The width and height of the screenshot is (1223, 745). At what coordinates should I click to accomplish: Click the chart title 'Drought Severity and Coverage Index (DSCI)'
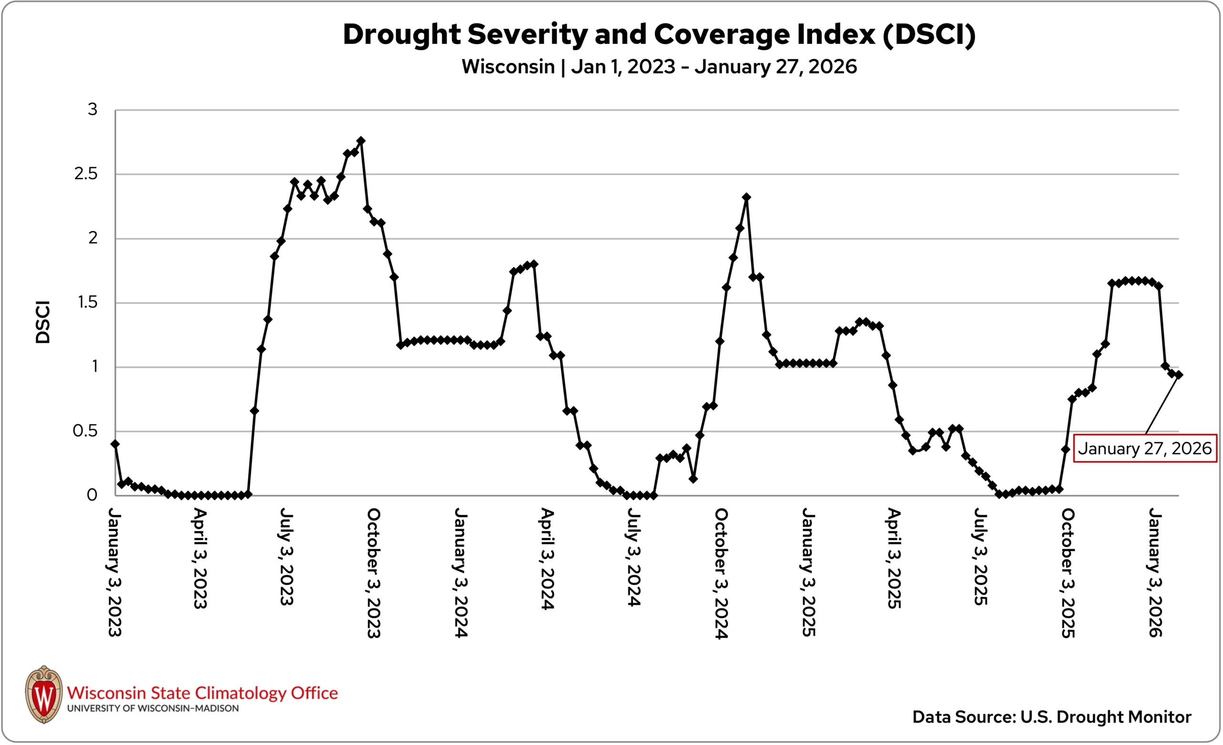point(659,35)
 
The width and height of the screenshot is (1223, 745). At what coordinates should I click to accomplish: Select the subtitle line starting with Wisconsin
point(659,66)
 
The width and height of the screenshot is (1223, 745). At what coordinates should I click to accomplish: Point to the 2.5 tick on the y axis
point(86,174)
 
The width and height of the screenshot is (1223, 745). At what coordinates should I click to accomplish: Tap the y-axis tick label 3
point(92,109)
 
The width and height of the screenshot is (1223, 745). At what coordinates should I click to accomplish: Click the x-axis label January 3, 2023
point(114,572)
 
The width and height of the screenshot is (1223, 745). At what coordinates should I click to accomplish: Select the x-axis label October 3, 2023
point(373,573)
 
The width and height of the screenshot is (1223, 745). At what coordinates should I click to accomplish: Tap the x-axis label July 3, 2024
point(634,556)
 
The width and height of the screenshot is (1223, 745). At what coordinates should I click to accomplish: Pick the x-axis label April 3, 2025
point(894,558)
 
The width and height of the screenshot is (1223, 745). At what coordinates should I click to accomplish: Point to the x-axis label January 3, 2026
point(1155,572)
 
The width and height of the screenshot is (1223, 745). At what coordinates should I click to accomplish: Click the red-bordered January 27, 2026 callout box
point(1145,449)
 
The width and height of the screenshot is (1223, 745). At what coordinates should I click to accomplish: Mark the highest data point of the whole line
point(361,141)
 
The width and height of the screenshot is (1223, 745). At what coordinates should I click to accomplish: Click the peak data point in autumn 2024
point(746,197)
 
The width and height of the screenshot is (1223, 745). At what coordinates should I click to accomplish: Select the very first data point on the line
point(115,444)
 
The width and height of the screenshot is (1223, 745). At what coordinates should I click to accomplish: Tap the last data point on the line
point(1178,375)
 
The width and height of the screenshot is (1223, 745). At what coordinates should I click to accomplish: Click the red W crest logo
point(44,694)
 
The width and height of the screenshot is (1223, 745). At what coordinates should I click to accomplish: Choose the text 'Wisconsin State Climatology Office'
point(202,693)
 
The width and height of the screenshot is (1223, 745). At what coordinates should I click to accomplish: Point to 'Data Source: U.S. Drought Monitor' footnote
point(1051,717)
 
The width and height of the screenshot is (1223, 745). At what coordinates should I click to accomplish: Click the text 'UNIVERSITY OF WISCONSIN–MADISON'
point(152,709)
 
